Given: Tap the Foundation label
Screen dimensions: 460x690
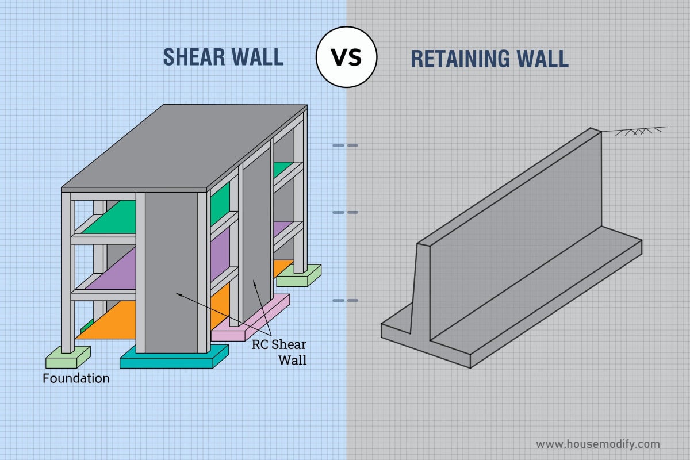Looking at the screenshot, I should (x=76, y=378).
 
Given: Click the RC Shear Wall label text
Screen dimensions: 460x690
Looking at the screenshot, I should (x=279, y=352).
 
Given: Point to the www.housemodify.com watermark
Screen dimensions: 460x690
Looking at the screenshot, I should (x=598, y=444).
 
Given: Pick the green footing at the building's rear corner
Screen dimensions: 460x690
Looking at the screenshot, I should (x=299, y=277).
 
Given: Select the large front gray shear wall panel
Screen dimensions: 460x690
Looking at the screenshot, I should (x=171, y=270).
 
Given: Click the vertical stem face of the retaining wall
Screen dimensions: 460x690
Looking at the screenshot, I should (x=512, y=207).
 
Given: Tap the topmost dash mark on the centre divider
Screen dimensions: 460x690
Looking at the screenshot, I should (x=346, y=145).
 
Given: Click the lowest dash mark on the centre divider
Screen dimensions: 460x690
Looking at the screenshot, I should (x=346, y=300).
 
